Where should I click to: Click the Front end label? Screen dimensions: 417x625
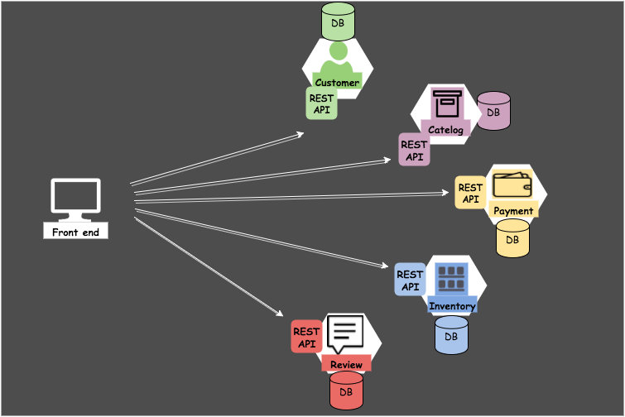pyautogui.click(x=75, y=232)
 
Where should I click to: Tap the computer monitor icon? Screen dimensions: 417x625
pyautogui.click(x=75, y=199)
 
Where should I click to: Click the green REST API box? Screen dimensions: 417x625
pyautogui.click(x=321, y=103)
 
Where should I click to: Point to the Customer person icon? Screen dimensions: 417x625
pyautogui.click(x=337, y=60)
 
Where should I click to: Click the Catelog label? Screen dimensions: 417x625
pyautogui.click(x=445, y=129)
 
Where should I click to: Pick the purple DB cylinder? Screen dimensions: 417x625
pyautogui.click(x=493, y=111)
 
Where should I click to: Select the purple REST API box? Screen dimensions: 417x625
pyautogui.click(x=414, y=150)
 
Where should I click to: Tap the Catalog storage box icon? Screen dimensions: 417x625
pyautogui.click(x=447, y=103)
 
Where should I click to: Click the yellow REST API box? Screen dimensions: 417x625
pyautogui.click(x=470, y=193)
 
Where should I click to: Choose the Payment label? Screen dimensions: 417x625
pyautogui.click(x=513, y=211)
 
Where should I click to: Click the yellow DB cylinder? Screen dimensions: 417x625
pyautogui.click(x=512, y=237)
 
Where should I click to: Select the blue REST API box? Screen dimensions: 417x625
pyautogui.click(x=410, y=280)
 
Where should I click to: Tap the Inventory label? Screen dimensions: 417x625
pyautogui.click(x=452, y=306)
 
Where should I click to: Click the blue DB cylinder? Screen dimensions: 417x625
pyautogui.click(x=451, y=335)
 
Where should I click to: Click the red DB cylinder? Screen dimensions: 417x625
pyautogui.click(x=346, y=390)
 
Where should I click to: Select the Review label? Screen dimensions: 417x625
pyautogui.click(x=346, y=365)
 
